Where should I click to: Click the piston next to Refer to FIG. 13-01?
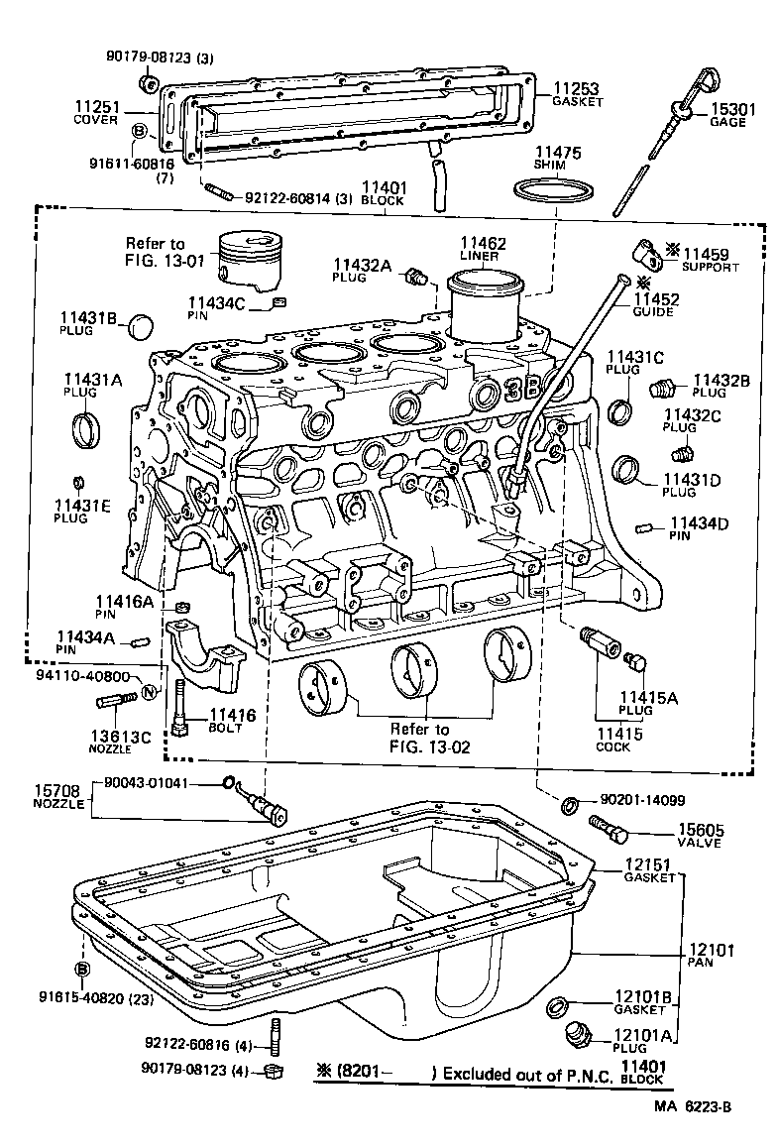click(x=249, y=261)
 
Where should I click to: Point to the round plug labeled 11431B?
click(x=143, y=324)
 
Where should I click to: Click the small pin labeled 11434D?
click(x=645, y=525)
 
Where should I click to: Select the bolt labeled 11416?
click(x=179, y=708)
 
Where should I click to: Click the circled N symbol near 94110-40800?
click(x=149, y=691)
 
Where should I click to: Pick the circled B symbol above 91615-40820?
click(x=83, y=969)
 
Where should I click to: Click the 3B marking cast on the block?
click(x=521, y=387)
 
